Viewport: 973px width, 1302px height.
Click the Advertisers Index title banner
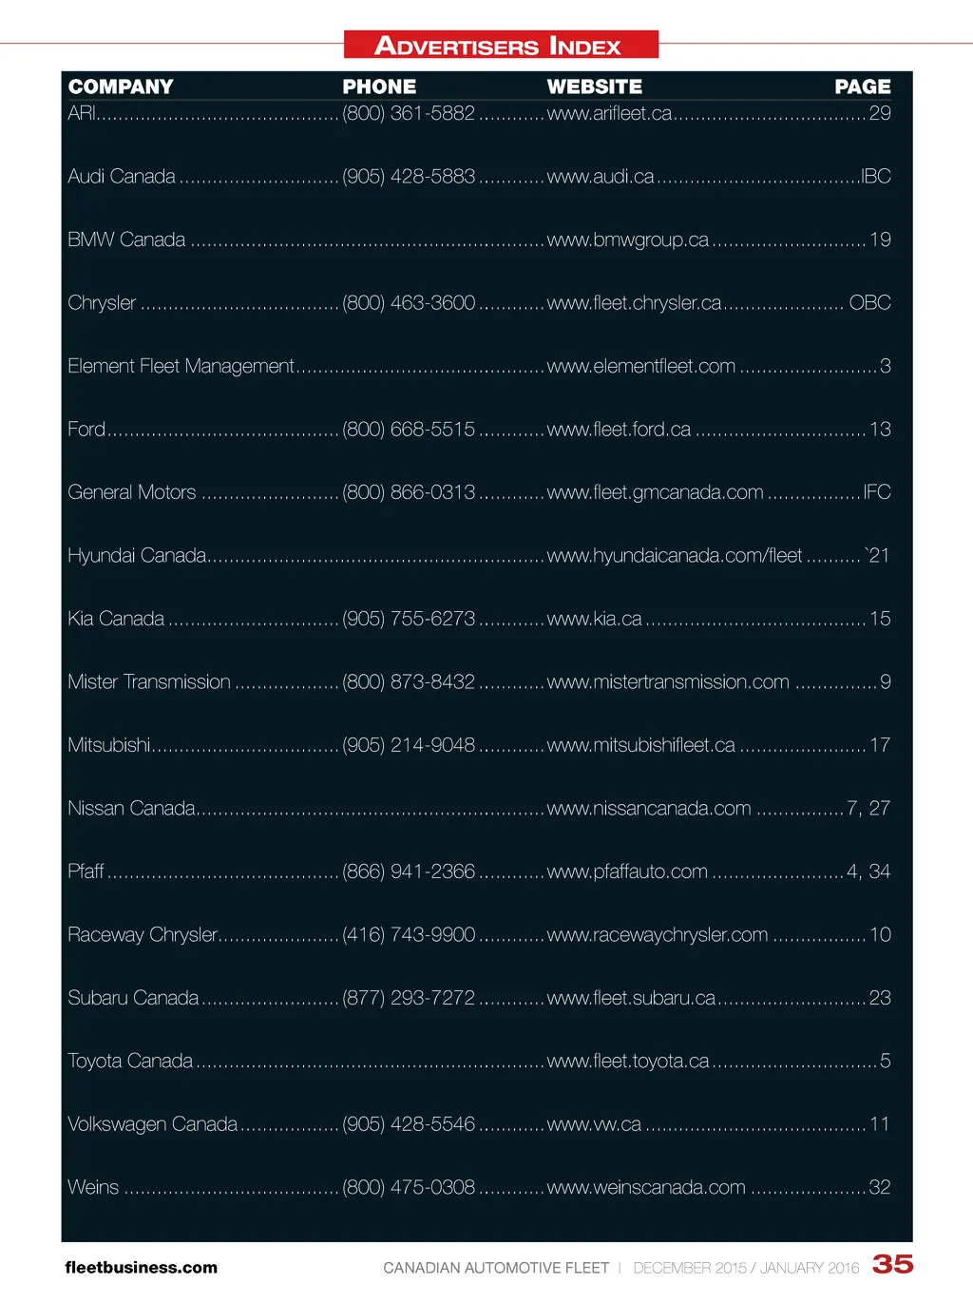[500, 45]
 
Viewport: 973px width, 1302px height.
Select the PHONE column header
[379, 86]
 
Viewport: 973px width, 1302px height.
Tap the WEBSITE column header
[594, 86]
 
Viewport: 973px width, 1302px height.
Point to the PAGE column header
[862, 86]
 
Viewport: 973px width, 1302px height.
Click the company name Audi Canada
[122, 177]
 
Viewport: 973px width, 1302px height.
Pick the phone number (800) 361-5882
[409, 113]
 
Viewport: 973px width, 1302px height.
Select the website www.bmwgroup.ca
[627, 239]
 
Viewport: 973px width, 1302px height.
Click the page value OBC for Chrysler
[869, 303]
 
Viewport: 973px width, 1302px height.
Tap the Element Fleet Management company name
[181, 366]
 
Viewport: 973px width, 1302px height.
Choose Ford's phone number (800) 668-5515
[409, 430]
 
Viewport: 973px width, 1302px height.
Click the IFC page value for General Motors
[876, 492]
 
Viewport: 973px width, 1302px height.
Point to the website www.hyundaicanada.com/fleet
[674, 555]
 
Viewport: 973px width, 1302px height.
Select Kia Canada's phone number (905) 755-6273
[409, 619]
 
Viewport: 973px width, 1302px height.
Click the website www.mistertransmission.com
[667, 682]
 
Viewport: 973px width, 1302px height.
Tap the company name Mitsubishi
[108, 745]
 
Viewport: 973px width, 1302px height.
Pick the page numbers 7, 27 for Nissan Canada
[868, 809]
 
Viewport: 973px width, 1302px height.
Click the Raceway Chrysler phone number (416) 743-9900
[409, 935]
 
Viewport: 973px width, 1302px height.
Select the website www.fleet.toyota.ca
[627, 1061]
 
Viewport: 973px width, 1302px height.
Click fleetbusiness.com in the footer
[141, 1268]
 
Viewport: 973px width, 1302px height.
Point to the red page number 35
[892, 1264]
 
